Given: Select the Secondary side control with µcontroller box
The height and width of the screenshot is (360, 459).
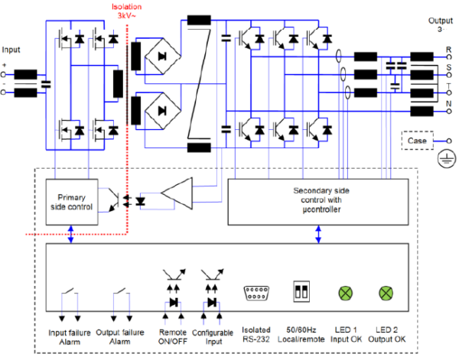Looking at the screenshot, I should [x=317, y=200].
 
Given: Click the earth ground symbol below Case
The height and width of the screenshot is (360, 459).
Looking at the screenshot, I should [x=442, y=161].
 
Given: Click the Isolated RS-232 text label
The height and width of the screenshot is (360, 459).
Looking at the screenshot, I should [x=255, y=337].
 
